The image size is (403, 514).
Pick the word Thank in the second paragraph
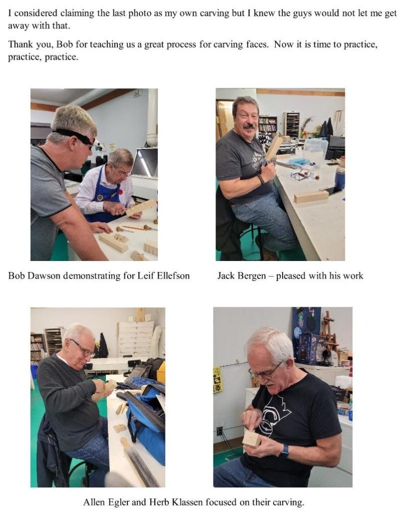click(x=20, y=44)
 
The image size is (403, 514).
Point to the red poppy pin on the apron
click(x=120, y=191)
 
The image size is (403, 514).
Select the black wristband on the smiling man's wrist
click(x=261, y=179)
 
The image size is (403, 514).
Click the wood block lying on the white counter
click(x=311, y=196)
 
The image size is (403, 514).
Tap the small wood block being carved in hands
click(x=252, y=439)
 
